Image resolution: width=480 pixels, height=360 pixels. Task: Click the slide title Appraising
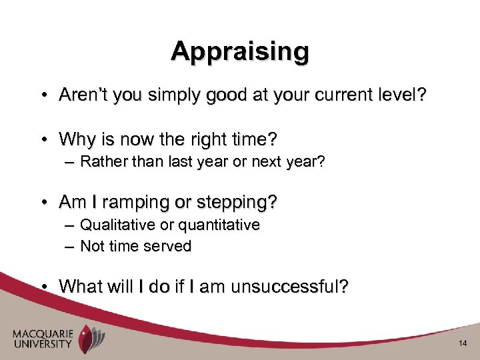(x=240, y=51)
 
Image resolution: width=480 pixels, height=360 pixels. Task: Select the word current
(x=336, y=96)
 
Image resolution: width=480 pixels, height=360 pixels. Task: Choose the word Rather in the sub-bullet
(x=101, y=162)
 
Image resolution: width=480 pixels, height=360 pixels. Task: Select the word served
(x=171, y=246)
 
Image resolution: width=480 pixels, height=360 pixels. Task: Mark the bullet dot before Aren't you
(x=42, y=97)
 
